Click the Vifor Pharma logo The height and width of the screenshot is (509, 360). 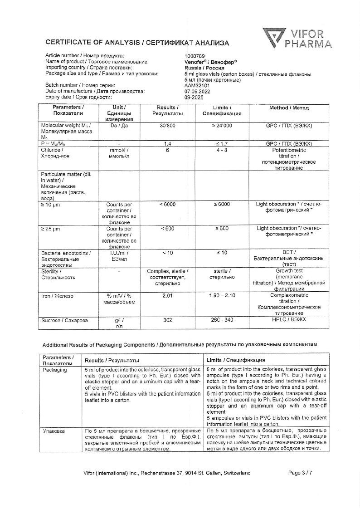point(297,38)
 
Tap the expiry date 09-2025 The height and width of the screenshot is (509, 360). point(193,97)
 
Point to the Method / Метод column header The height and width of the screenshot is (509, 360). point(289,108)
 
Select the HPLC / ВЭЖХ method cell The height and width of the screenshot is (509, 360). point(289,320)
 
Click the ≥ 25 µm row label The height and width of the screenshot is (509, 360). point(50,229)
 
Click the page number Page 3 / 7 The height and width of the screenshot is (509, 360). point(300,473)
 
